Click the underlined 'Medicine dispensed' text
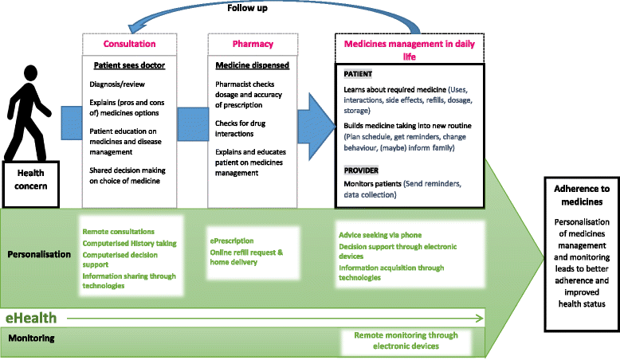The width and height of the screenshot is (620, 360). coord(252,65)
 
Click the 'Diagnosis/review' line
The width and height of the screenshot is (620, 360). coord(118,83)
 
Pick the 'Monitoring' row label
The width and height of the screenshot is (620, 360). coord(31,338)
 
